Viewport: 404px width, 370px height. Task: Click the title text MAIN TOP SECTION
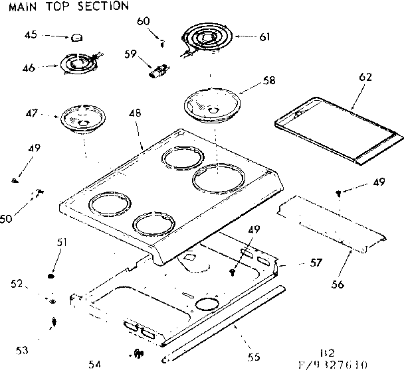point(64,7)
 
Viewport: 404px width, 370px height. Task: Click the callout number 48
point(135,113)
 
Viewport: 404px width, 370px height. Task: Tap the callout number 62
point(366,76)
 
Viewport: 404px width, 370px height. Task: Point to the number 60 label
point(144,21)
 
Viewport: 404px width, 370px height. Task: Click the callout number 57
point(316,263)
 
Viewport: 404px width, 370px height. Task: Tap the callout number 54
point(94,364)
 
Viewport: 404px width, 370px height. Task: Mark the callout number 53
point(23,350)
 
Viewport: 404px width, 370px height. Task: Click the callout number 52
point(18,284)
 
